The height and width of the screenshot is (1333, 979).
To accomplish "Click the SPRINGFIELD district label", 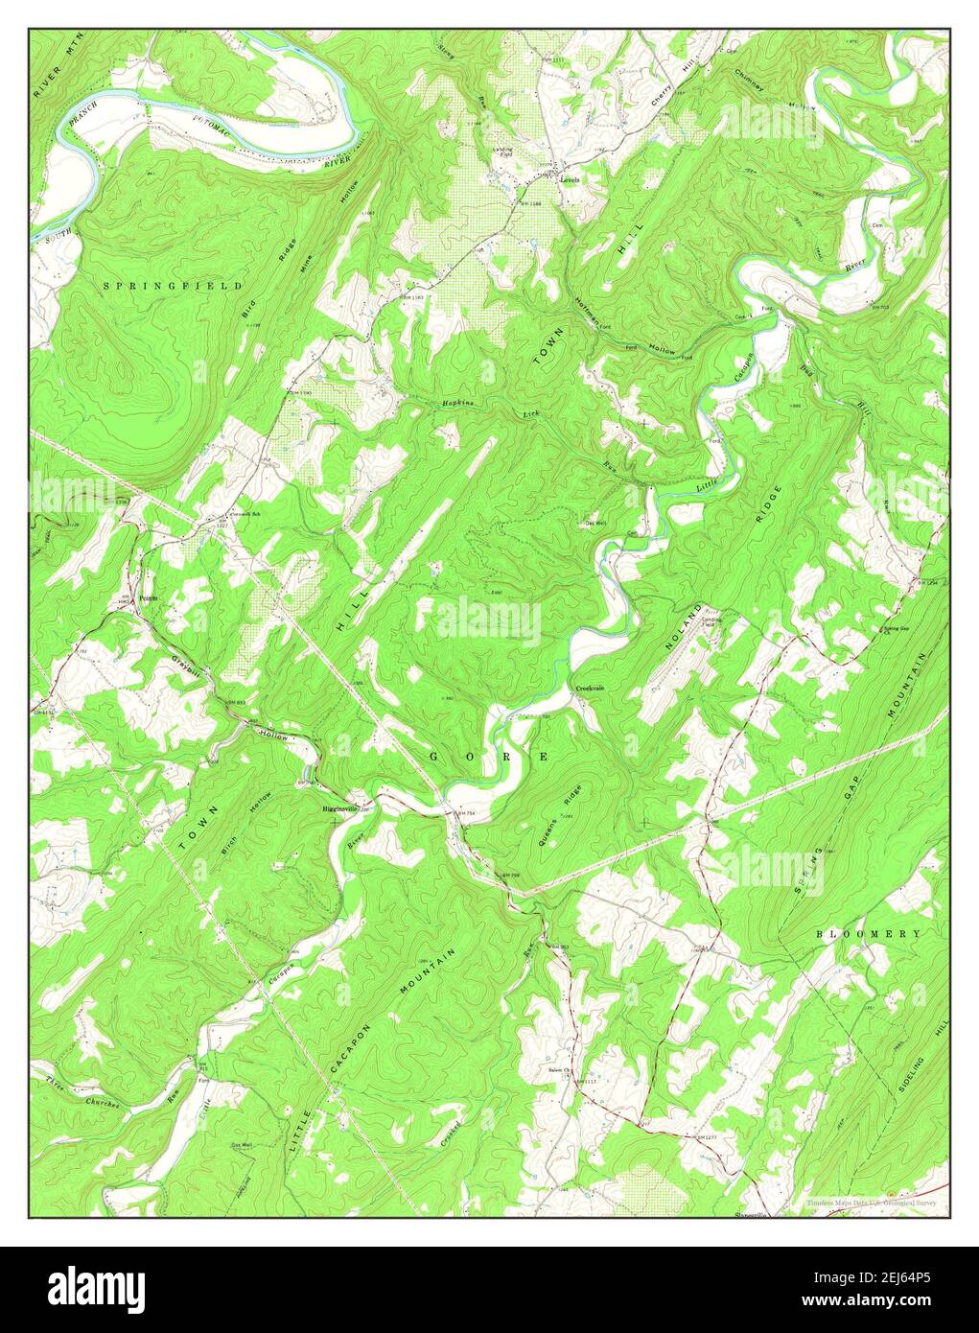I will click(x=173, y=286).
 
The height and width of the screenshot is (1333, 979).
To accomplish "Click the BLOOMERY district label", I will click(x=869, y=933).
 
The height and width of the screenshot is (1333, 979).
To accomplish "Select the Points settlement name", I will click(x=147, y=596).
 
